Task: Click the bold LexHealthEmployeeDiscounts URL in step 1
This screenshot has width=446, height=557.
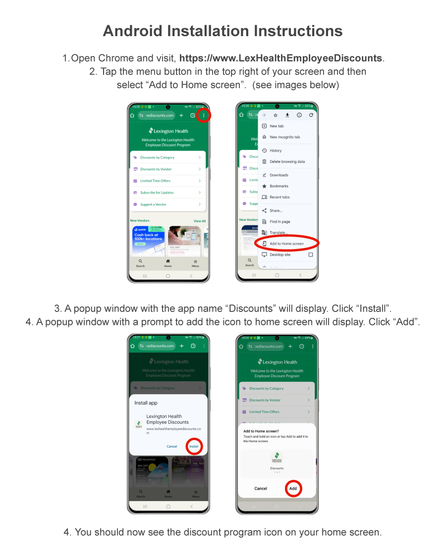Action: click(x=280, y=58)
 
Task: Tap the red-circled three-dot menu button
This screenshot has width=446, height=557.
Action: click(x=204, y=115)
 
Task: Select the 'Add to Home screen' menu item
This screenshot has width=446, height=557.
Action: click(x=286, y=244)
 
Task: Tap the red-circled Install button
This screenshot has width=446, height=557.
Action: click(x=194, y=446)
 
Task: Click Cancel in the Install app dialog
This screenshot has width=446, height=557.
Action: click(x=171, y=446)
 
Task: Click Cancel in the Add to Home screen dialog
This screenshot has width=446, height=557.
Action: click(x=261, y=488)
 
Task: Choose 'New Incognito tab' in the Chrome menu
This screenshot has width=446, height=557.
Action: click(x=284, y=137)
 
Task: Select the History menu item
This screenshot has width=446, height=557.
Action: click(x=276, y=151)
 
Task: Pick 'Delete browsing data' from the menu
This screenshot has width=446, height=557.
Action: click(x=287, y=161)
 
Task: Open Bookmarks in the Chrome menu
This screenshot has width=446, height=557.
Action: click(x=279, y=186)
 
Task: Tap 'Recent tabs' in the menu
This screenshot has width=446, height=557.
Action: click(x=279, y=197)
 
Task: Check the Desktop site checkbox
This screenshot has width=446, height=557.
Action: click(x=311, y=254)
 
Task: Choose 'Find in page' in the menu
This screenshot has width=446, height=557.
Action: click(x=279, y=222)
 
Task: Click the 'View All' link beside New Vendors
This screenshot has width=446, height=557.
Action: click(x=200, y=221)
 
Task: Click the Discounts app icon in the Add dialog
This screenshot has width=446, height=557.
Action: click(x=277, y=457)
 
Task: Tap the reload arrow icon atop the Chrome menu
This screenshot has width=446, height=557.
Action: click(x=311, y=115)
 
